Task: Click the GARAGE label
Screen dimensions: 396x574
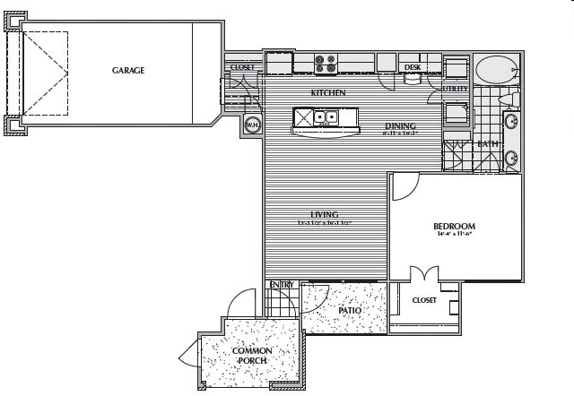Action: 128,70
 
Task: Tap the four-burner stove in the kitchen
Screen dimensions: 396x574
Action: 326,63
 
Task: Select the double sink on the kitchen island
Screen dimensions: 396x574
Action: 324,116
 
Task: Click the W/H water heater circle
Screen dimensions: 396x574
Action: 252,125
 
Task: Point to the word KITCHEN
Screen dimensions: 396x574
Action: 328,93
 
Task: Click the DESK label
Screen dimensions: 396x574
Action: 413,67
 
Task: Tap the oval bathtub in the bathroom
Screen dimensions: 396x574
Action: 496,68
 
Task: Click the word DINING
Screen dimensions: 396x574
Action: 400,125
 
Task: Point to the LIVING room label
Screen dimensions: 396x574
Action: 324,214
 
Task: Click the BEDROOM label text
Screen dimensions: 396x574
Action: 454,227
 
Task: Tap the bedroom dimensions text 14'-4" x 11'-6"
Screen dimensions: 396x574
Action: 454,237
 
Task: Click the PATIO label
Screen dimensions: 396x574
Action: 350,311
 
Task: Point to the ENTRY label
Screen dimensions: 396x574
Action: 282,285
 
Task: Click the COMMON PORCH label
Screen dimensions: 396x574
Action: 252,356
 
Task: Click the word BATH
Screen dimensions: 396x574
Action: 488,144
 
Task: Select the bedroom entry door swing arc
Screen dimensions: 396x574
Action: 405,185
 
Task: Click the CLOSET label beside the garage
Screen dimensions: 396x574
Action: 242,67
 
